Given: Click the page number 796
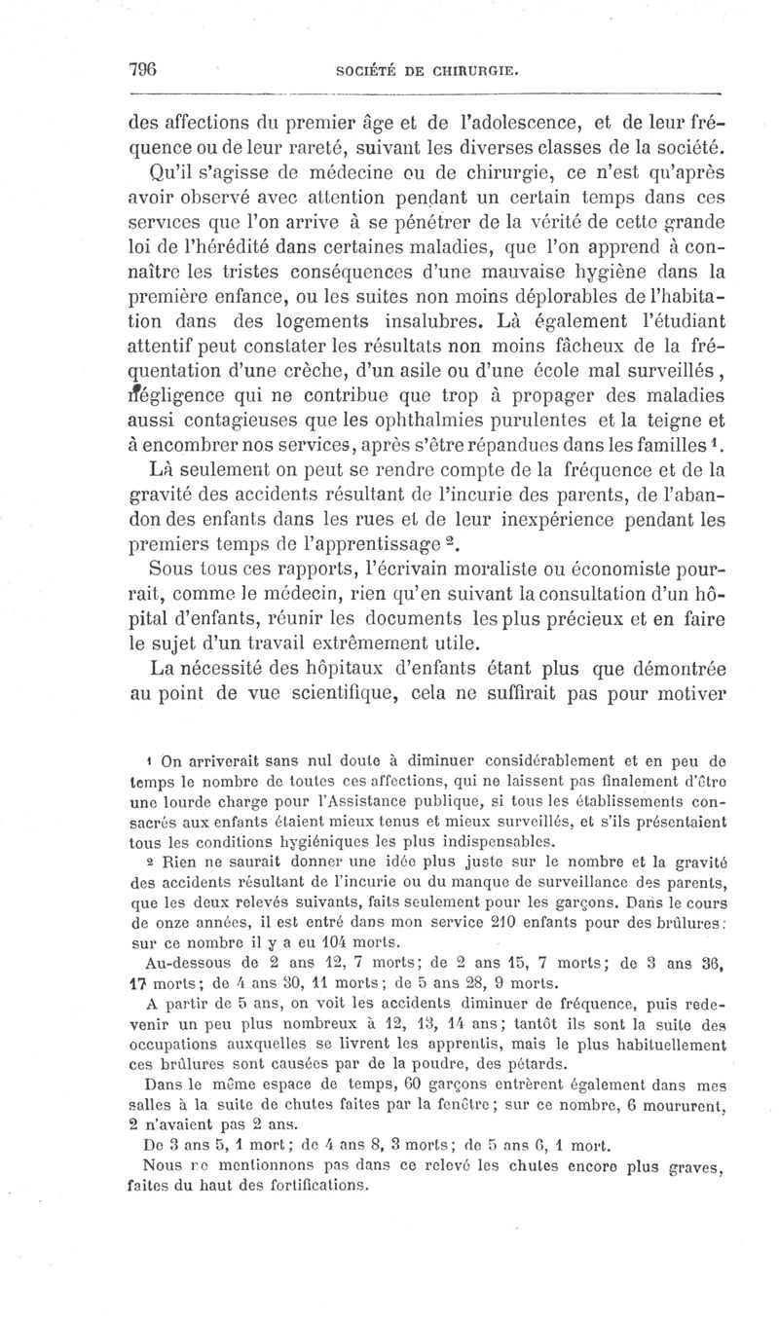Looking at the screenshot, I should (142, 70).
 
